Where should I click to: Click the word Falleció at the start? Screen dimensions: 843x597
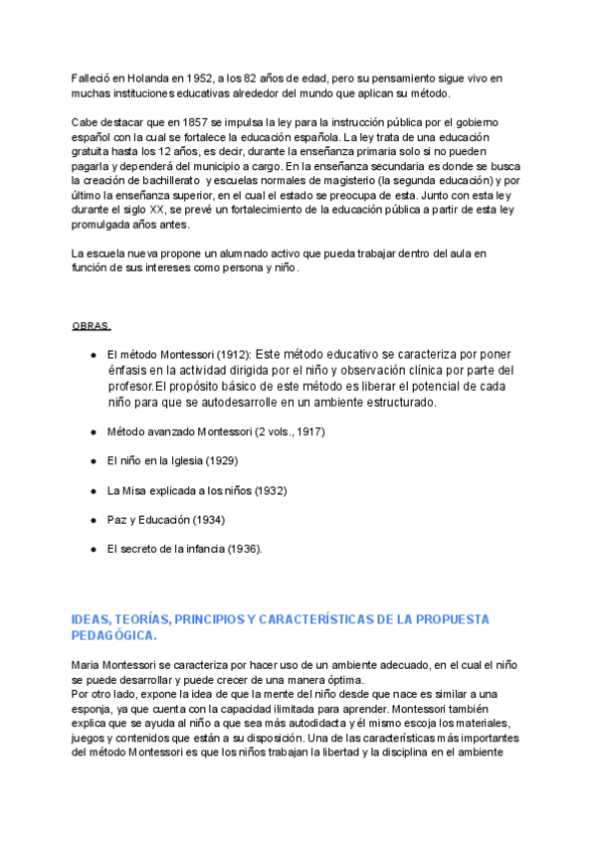pos(92,79)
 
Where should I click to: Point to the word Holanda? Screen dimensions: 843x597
pos(147,79)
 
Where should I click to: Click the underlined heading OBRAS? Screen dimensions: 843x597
pos(92,326)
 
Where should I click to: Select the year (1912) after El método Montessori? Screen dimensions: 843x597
pos(232,354)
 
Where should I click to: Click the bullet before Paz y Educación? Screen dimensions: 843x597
pos(93,520)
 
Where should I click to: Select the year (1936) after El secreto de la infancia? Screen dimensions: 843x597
pos(245,549)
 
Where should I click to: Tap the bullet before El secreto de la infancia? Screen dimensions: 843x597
pos(93,549)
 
